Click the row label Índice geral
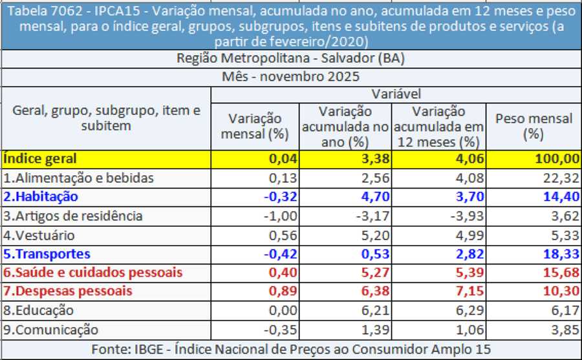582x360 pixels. click(x=40, y=158)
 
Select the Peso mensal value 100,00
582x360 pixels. click(x=558, y=158)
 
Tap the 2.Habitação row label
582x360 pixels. click(x=41, y=196)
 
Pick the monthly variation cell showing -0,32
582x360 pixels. click(x=279, y=196)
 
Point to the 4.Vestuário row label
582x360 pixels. click(x=39, y=235)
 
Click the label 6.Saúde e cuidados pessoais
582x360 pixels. click(x=92, y=273)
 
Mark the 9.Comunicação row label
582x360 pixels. click(x=51, y=330)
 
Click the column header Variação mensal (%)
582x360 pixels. click(x=254, y=127)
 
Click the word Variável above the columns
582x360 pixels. click(x=396, y=94)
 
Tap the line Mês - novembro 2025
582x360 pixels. click(x=290, y=76)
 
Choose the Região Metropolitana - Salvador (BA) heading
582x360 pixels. click(x=290, y=58)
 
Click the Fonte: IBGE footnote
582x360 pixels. click(x=290, y=349)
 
